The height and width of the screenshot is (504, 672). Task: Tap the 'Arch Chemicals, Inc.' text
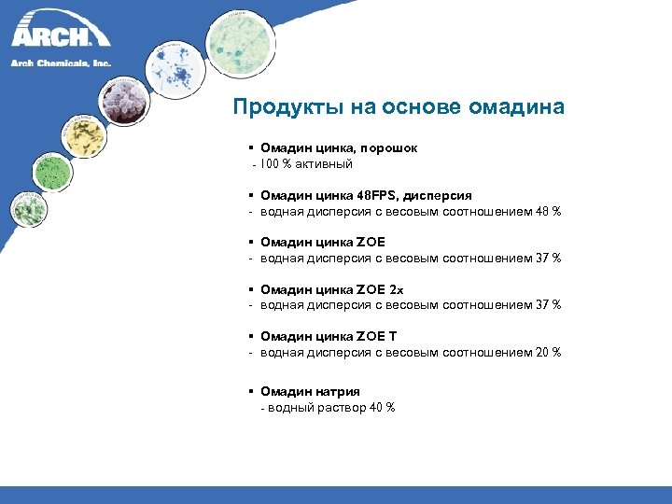click(x=61, y=63)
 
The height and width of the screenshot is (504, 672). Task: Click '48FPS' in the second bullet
click(x=377, y=195)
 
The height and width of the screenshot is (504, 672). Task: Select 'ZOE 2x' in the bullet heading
click(x=381, y=289)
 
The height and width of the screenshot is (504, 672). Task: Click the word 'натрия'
click(x=334, y=391)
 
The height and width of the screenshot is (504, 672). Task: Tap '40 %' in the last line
click(x=380, y=408)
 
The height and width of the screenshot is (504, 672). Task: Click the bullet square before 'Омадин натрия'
click(x=253, y=391)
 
